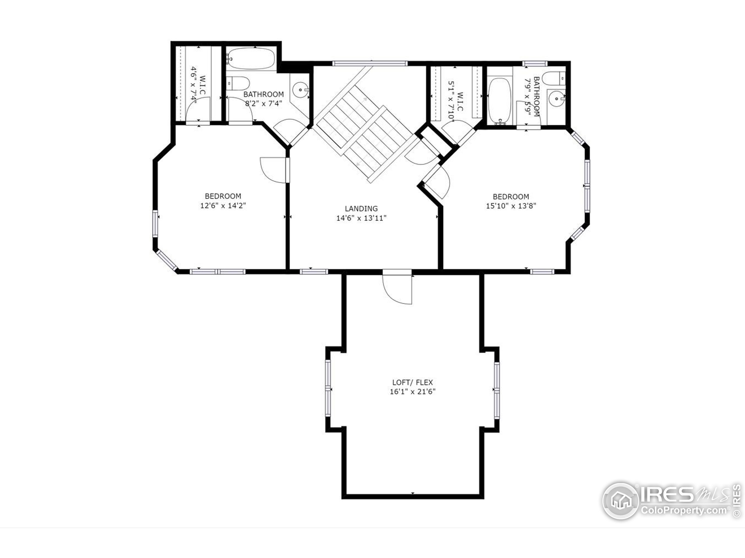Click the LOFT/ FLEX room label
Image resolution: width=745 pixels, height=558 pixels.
coord(412,382)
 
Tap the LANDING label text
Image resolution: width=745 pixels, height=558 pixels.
coord(361,209)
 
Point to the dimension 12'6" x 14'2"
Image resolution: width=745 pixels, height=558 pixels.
coord(223,205)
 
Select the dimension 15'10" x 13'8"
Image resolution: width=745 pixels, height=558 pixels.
coord(511,206)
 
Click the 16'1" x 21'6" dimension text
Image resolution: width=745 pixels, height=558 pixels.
coord(413,391)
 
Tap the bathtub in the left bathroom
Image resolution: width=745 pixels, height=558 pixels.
coord(251,58)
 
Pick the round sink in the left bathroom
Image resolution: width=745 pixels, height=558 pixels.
coord(299,90)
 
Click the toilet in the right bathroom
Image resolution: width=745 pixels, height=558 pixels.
coord(553,78)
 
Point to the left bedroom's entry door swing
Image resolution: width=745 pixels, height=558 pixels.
coord(274,170)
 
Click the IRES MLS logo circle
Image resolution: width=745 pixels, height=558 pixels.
coord(620,501)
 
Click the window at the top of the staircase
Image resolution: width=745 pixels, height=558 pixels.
coord(370,63)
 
